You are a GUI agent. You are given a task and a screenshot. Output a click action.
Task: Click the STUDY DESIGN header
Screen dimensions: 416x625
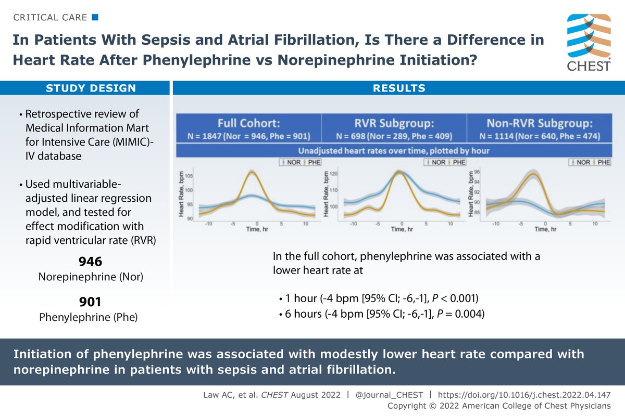click(91, 88)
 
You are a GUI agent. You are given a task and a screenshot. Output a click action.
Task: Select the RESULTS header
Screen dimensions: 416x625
click(399, 88)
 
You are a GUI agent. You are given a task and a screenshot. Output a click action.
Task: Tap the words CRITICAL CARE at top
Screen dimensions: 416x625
click(51, 18)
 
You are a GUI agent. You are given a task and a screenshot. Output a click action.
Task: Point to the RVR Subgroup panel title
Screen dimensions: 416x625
click(394, 124)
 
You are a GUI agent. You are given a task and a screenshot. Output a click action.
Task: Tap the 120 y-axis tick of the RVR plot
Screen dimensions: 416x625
click(335, 174)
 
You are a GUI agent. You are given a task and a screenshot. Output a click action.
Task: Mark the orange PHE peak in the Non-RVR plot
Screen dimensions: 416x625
click(533, 174)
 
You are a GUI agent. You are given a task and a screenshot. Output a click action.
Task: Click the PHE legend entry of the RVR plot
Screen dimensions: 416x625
click(457, 163)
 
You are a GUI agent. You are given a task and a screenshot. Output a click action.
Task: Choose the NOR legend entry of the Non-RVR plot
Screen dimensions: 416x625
click(582, 163)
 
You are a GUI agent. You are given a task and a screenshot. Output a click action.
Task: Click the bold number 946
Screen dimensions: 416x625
click(91, 262)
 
